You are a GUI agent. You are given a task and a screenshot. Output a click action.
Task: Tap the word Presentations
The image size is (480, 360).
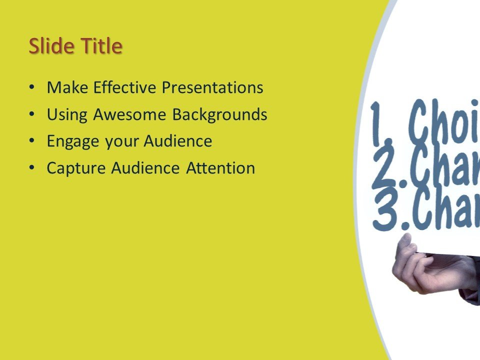[x=212, y=88]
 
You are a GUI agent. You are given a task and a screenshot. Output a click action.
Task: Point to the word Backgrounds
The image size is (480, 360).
[x=219, y=115]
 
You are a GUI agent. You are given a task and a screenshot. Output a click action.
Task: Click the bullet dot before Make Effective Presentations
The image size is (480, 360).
[x=32, y=88]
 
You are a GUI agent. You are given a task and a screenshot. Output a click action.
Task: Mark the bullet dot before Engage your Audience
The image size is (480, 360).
[x=32, y=141]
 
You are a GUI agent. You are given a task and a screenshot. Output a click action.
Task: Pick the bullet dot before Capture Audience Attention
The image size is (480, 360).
[x=32, y=168]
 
